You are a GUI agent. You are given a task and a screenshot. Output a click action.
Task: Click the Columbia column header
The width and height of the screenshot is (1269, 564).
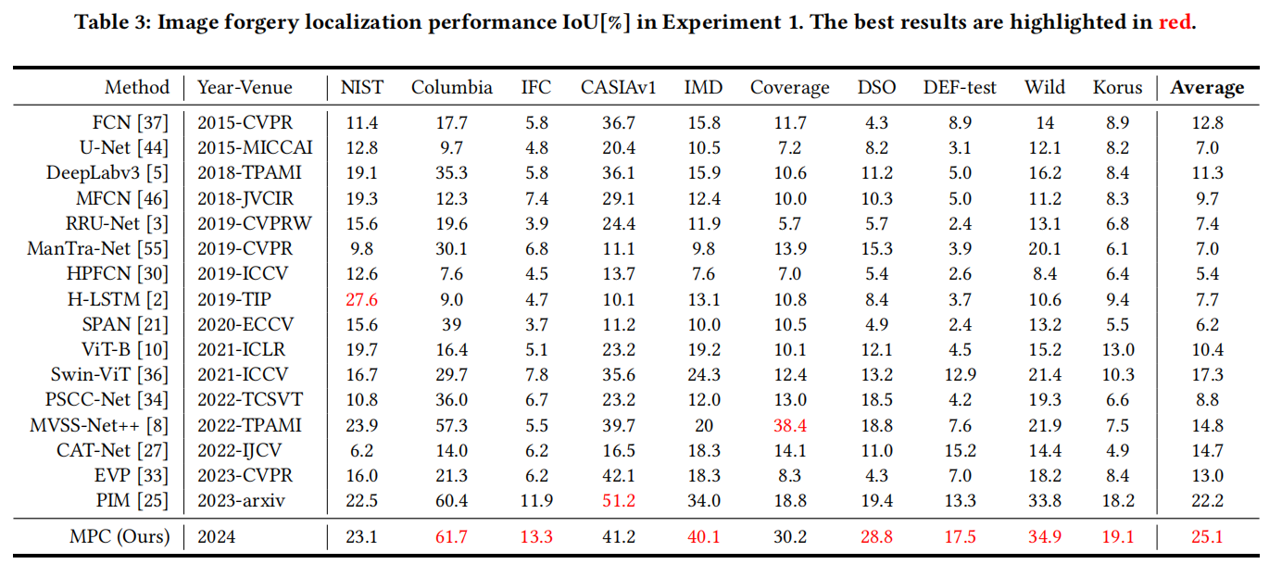coord(452,88)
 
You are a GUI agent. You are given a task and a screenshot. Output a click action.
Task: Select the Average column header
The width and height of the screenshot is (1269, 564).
coord(1207,88)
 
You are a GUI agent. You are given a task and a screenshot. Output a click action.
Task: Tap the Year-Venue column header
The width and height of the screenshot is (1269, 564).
coord(245,88)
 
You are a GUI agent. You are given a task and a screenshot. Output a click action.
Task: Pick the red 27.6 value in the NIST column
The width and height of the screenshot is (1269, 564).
coord(360,299)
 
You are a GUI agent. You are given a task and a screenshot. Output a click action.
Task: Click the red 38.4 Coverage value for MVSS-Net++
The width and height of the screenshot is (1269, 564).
coord(789,425)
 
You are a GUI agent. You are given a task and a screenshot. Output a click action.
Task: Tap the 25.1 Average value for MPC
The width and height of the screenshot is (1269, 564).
coord(1208,536)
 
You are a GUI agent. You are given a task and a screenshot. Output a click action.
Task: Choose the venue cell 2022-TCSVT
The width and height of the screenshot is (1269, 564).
coord(250,400)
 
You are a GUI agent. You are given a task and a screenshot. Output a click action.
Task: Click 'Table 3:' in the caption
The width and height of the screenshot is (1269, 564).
coord(108,22)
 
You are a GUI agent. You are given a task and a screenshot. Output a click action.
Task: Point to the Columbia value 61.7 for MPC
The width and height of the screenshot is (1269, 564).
coord(452,536)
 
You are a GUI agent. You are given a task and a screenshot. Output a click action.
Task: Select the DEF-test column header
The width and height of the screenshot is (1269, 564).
coord(960,88)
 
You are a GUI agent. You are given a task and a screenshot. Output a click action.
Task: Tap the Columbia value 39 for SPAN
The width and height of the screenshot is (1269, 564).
coord(452,324)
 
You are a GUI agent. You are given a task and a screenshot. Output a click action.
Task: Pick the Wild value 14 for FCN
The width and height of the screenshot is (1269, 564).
coord(1044,122)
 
